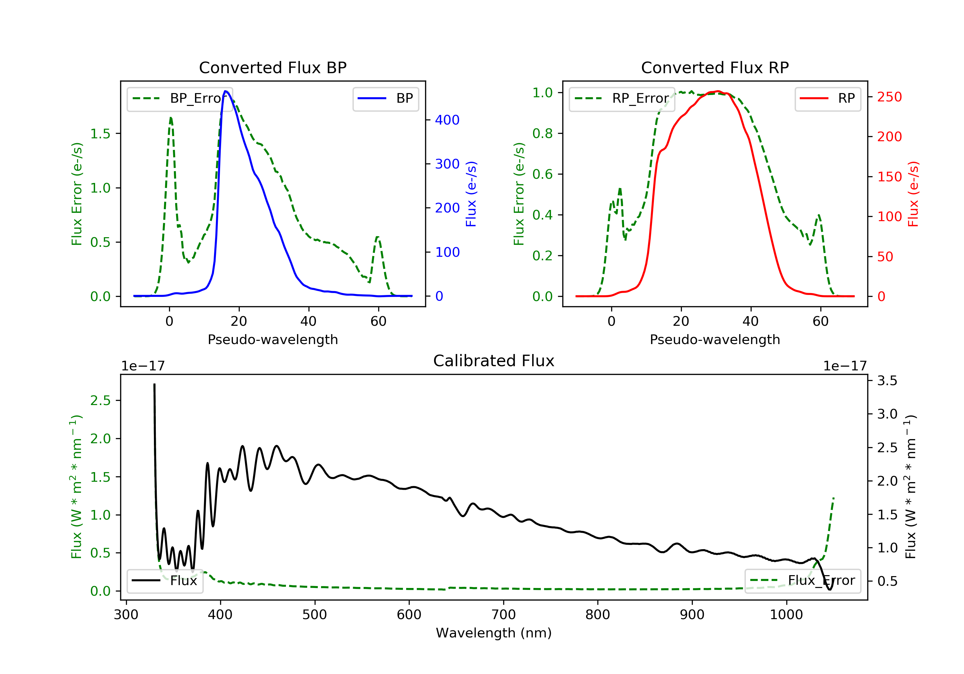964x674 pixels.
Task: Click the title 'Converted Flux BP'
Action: click(272, 67)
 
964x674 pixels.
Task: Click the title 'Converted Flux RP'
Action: click(715, 67)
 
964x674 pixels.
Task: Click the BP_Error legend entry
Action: click(180, 99)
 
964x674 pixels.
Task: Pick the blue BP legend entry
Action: click(385, 99)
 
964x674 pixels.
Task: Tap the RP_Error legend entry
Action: click(622, 99)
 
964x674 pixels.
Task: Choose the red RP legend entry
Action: click(827, 99)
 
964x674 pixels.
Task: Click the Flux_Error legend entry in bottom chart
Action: click(802, 581)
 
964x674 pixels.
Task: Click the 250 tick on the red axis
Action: click(889, 97)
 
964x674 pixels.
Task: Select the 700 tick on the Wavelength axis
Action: click(503, 615)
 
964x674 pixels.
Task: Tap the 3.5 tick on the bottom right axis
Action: click(887, 381)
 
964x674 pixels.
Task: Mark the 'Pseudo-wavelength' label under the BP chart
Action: click(272, 340)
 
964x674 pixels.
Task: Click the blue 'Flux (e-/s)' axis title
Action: click(471, 194)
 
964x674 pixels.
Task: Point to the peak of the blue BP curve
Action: click(226, 91)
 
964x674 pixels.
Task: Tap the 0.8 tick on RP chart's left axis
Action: click(542, 134)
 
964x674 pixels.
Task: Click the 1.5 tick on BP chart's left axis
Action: click(100, 134)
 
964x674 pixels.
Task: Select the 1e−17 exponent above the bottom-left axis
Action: click(143, 366)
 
